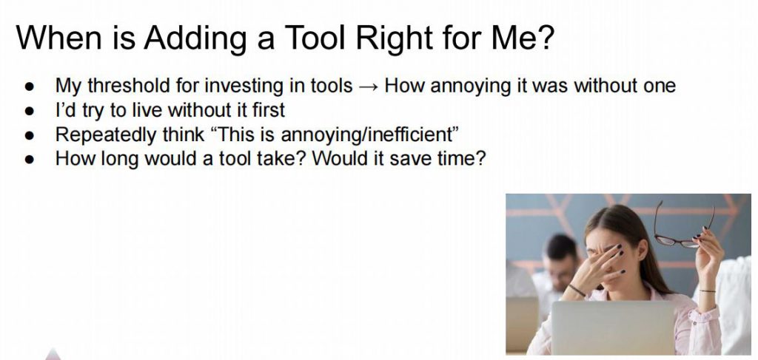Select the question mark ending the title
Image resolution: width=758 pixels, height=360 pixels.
544,37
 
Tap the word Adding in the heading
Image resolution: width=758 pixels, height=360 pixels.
195,38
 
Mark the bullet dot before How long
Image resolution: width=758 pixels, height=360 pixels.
30,159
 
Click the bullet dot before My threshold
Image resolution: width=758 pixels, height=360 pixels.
30,87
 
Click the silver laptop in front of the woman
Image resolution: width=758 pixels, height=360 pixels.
613,328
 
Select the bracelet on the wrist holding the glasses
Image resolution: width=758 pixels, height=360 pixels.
707,291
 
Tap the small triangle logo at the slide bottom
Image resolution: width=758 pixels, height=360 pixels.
53,354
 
